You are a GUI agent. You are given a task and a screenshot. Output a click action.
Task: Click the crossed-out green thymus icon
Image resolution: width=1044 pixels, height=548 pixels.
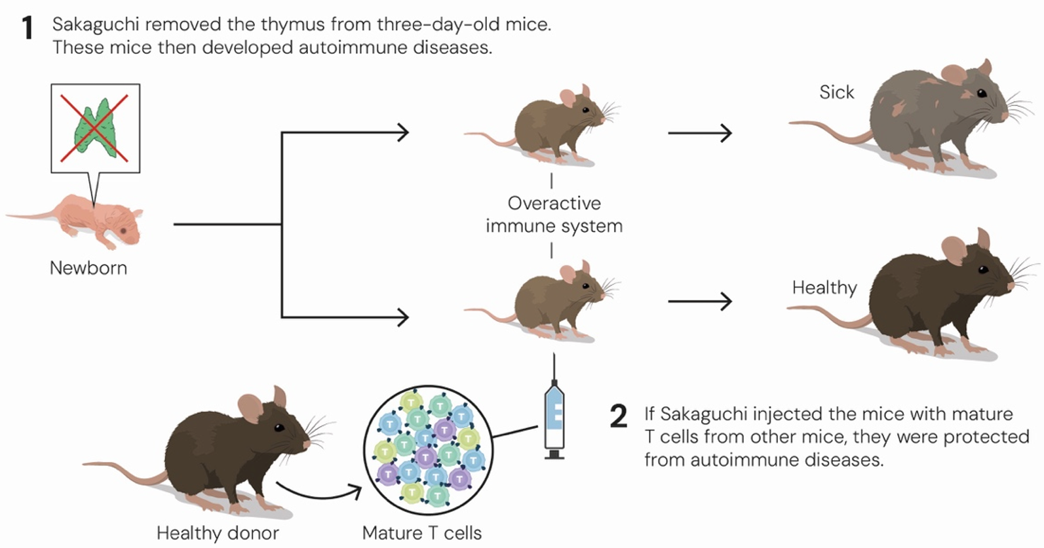point(96,128)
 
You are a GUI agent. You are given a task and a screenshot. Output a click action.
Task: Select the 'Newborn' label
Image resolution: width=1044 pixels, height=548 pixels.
point(88,268)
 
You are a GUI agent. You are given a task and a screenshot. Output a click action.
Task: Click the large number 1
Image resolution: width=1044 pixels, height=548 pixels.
point(28,29)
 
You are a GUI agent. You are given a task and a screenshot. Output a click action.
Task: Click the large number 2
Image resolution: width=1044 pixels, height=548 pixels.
point(618,417)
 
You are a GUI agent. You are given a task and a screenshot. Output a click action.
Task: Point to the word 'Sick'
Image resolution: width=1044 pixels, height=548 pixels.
point(836,92)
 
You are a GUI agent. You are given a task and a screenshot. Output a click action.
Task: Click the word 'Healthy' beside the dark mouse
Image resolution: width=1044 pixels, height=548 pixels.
point(824,288)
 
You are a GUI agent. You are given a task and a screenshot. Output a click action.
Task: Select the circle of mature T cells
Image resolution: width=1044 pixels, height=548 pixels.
point(428,450)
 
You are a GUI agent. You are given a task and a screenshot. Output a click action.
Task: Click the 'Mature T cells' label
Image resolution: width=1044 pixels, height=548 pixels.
point(421,533)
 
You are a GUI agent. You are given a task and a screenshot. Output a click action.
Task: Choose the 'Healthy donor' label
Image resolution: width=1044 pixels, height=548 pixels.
point(218,533)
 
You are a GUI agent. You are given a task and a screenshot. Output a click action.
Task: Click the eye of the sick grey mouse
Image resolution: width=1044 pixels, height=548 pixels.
point(982,93)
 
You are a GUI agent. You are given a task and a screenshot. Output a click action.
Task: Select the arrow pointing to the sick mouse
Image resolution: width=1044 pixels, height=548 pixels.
point(700,133)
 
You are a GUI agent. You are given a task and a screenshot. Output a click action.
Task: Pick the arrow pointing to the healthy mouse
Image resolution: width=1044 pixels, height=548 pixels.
point(700,302)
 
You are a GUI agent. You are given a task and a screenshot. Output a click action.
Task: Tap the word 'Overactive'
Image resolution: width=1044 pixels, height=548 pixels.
point(554,203)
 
